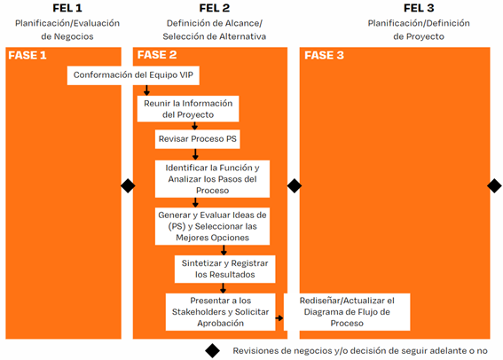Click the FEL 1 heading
[67, 8]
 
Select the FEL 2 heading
[215, 8]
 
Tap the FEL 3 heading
[419, 8]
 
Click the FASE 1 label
[28, 56]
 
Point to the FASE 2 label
[157, 55]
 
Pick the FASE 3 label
[324, 56]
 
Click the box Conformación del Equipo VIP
[133, 75]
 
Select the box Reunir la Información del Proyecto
[188, 109]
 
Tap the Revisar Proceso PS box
[198, 139]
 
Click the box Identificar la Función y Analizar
[212, 179]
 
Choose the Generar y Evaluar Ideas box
[212, 226]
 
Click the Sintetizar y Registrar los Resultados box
[224, 269]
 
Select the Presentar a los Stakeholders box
[220, 312]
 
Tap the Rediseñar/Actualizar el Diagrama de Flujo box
[347, 312]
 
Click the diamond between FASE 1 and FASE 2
[128, 186]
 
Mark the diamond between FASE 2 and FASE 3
[295, 186]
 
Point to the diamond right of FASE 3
[494, 186]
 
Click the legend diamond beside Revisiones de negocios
[212, 351]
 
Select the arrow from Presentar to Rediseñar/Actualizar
[279, 318]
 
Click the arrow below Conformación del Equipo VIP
[146, 90]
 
